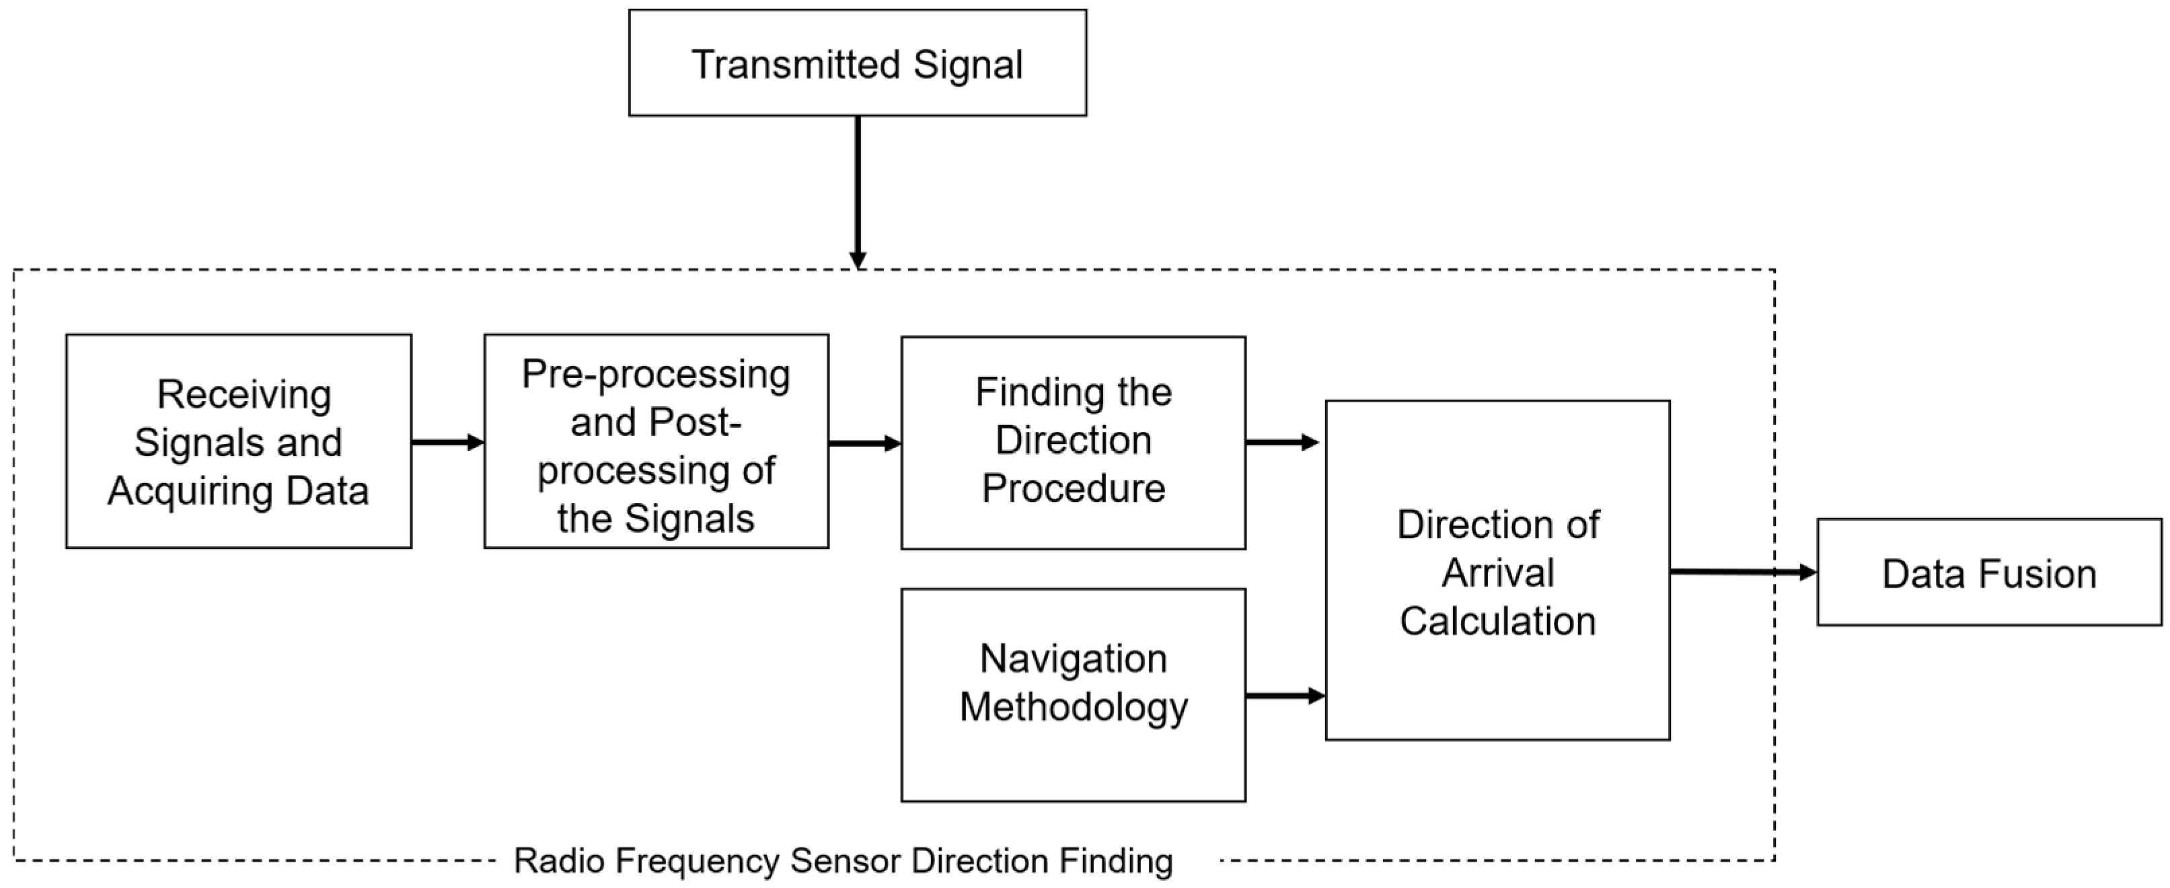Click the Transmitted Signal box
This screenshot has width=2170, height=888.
[x=857, y=63]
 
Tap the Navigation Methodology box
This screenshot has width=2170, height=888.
[x=1072, y=695]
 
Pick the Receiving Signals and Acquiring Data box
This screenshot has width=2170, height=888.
[x=238, y=441]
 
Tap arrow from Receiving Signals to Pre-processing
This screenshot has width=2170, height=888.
[x=447, y=442]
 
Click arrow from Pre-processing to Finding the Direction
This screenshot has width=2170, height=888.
[x=864, y=443]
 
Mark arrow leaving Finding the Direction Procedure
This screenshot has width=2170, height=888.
[x=1281, y=442]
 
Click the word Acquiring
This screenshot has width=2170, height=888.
[x=190, y=491]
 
